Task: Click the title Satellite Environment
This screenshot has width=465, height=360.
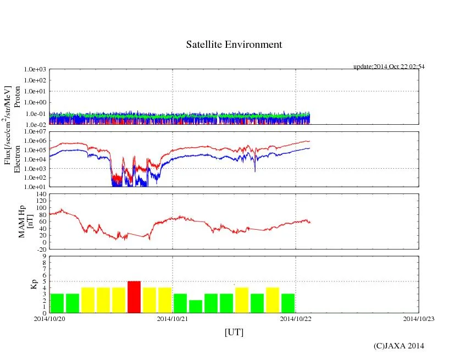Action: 234,45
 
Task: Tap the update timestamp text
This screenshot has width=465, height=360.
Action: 389,67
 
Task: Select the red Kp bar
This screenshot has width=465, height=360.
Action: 134,297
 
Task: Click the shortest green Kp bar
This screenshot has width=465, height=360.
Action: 196,306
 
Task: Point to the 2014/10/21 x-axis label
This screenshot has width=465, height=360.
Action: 173,318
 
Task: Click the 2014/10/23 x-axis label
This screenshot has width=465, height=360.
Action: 419,318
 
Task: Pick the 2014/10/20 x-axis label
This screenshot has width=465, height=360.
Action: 49,318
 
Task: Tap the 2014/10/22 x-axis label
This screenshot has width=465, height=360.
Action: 296,318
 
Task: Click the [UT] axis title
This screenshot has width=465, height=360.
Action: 234,333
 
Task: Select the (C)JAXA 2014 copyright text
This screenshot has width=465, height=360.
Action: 398,346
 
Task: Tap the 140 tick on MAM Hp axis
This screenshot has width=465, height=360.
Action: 40,194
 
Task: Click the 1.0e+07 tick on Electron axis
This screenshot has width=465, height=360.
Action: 35,132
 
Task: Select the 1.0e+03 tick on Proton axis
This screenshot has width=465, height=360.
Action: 35,70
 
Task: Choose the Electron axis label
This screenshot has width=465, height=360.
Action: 17,159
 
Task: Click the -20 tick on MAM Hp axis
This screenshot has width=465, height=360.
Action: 41,249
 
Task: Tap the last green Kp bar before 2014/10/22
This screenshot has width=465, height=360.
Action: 288,303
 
